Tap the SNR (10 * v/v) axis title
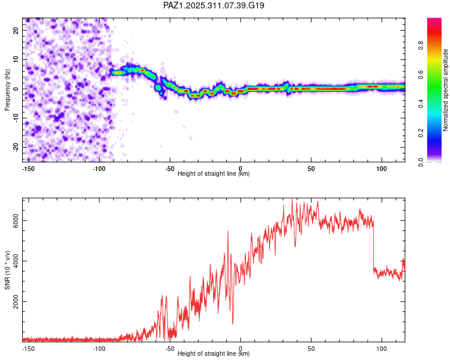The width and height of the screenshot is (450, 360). click(7, 270)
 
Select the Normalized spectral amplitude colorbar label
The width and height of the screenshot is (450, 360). click(445, 90)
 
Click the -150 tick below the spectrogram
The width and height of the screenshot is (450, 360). click(28, 168)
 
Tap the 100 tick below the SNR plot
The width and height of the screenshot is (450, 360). click(381, 349)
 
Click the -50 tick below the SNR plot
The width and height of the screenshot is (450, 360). click(170, 349)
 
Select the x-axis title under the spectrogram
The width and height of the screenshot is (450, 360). click(214, 173)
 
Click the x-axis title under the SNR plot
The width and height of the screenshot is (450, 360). click(214, 354)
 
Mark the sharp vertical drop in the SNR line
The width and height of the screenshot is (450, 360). click(373, 246)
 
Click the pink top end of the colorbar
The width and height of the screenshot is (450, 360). click(434, 21)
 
